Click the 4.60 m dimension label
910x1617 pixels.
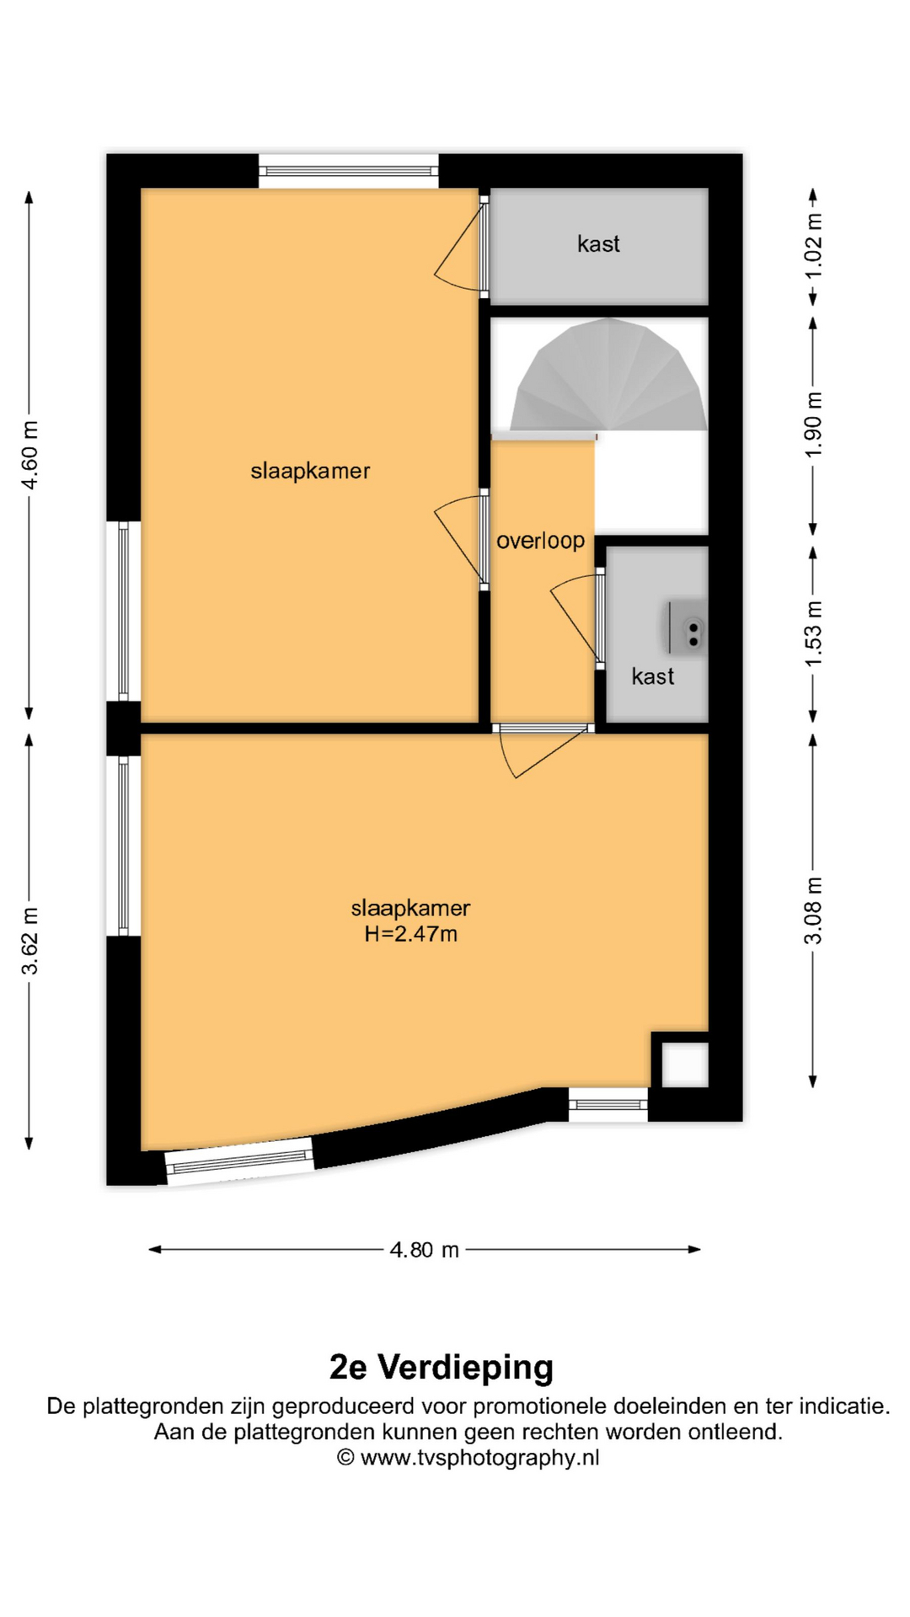[29, 455]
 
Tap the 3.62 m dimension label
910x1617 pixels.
[29, 942]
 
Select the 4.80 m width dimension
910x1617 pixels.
[425, 1250]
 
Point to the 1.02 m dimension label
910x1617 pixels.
[813, 247]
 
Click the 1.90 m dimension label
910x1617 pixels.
[813, 425]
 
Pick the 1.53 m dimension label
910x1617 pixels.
[813, 633]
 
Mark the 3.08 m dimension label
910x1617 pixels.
[813, 910]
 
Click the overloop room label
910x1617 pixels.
[540, 541]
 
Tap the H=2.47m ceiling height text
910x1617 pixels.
[411, 934]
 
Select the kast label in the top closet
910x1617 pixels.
[598, 244]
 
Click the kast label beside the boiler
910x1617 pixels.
[653, 676]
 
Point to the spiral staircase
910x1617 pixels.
[608, 375]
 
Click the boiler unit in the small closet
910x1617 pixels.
[687, 627]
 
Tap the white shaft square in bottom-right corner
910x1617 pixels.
[684, 1065]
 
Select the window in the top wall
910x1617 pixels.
[349, 171]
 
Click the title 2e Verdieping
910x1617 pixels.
[442, 1368]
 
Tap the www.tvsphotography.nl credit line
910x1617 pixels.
[468, 1458]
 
